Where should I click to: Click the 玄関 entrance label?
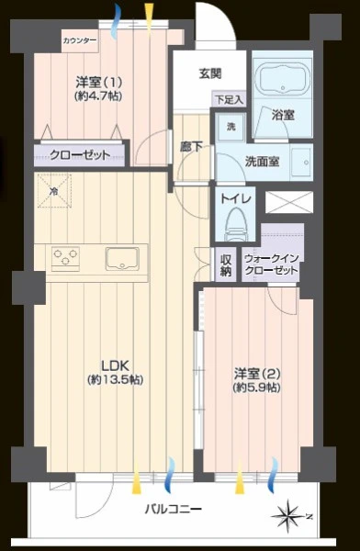click(210, 73)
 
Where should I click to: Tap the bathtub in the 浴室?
click(282, 80)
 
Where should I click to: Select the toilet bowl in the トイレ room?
click(235, 224)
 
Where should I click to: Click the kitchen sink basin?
click(122, 259)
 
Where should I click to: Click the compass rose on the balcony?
click(289, 516)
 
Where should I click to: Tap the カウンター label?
click(80, 40)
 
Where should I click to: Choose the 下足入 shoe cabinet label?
click(230, 99)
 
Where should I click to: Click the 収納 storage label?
click(226, 265)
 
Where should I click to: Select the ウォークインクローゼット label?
click(271, 264)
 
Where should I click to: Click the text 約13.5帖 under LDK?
click(115, 379)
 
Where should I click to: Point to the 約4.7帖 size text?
click(98, 96)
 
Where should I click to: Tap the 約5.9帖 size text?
click(256, 387)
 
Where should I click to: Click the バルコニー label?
click(174, 509)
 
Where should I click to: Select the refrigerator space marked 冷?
click(54, 191)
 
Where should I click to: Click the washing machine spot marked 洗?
click(231, 127)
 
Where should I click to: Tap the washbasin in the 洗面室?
click(301, 162)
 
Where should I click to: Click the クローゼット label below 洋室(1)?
click(80, 154)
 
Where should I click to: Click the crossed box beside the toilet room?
click(289, 202)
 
